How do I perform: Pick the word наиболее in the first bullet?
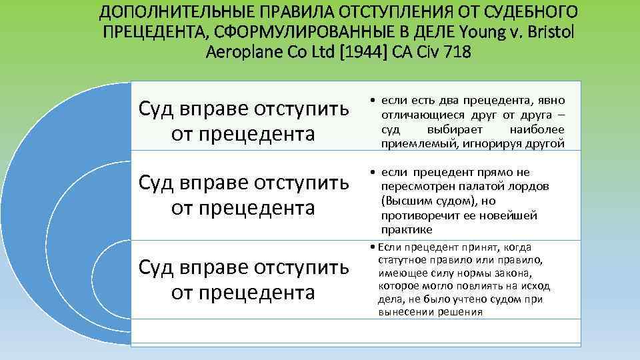point(537,129)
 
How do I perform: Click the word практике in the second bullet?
point(407,230)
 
